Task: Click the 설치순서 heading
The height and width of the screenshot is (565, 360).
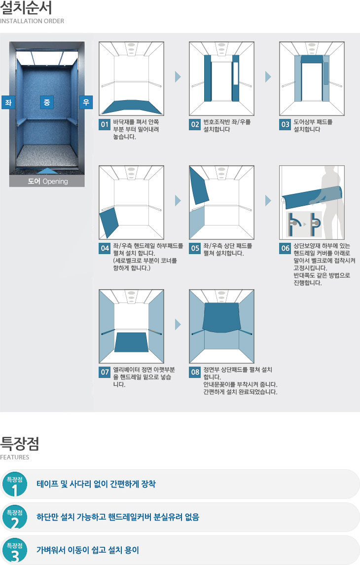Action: click(x=26, y=7)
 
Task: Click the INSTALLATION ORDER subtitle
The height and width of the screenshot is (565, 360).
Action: click(x=32, y=21)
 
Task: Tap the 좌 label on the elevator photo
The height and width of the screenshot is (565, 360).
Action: click(x=8, y=102)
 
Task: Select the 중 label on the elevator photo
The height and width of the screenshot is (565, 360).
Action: click(x=47, y=102)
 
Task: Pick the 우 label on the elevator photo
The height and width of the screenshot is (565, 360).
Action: click(x=86, y=102)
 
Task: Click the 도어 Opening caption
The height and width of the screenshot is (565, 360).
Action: click(x=48, y=181)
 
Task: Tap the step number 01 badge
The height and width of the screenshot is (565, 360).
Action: click(x=105, y=124)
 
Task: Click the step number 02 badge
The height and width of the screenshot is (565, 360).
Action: click(x=195, y=124)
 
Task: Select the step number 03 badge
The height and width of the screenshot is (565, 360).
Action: click(x=285, y=124)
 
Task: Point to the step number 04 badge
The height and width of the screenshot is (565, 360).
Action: click(x=105, y=248)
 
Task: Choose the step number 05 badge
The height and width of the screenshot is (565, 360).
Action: click(x=195, y=248)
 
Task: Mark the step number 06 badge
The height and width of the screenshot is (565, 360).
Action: click(x=285, y=248)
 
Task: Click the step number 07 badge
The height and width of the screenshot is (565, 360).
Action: click(x=105, y=372)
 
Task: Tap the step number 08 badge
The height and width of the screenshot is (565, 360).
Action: click(x=195, y=372)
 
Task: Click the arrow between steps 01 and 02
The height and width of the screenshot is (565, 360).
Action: click(x=178, y=76)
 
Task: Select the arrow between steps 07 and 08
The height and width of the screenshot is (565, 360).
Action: click(x=178, y=324)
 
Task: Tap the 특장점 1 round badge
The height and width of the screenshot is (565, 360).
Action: click(x=15, y=484)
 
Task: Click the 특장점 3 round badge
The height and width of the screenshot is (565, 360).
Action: click(x=15, y=550)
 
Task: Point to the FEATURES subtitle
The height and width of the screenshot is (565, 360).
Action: click(x=15, y=457)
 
